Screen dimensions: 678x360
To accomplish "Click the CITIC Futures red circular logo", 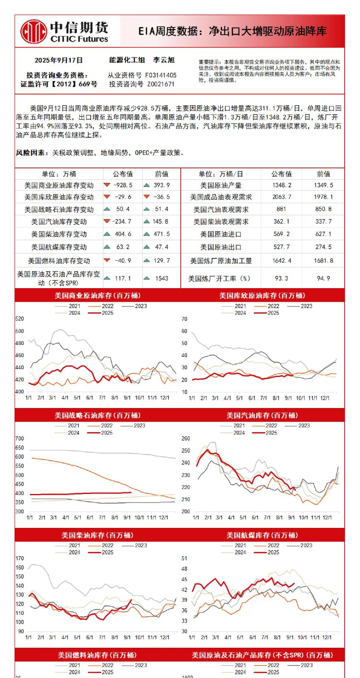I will coord(34,31).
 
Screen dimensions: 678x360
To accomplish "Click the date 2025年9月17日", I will coord(59,60).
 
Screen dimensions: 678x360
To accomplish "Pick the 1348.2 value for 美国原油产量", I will coord(281,185).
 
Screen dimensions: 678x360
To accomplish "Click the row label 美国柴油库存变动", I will coord(59,234).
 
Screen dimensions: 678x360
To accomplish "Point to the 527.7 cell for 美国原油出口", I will coord(281,247).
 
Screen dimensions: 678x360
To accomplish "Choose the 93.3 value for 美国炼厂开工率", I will coord(281,278).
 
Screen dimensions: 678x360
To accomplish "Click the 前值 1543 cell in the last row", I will coord(161,278).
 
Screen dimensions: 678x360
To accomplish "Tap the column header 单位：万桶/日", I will coord(220,174).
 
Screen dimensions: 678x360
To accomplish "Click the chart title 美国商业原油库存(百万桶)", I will coord(98,295).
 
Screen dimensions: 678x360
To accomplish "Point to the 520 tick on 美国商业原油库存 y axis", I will coord(20,319).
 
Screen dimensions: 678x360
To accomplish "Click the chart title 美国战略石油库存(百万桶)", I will coord(98,415).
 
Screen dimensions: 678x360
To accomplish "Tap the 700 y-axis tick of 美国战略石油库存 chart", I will coord(20,438).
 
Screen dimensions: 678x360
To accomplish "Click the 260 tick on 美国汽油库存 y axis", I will coord(186,438).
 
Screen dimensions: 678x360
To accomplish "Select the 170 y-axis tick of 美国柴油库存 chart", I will coord(20,558).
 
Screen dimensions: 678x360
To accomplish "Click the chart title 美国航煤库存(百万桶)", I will coord(262,535).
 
